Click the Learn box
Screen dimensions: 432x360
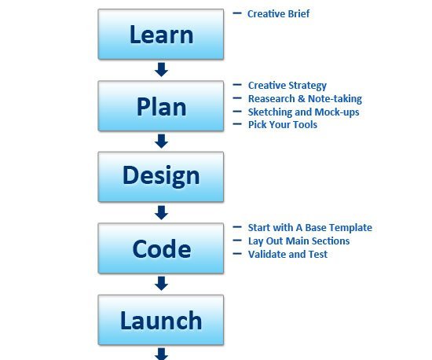pos(161,34)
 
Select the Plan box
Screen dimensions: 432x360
pos(161,106)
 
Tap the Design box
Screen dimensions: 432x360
pos(161,177)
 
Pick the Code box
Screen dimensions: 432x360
pos(161,248)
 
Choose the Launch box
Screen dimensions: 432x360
pos(161,320)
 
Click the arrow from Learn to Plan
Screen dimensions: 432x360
pos(162,69)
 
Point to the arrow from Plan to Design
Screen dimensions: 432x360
pos(162,141)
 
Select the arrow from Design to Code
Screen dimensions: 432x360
pos(162,212)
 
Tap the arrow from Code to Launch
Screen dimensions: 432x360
pos(162,284)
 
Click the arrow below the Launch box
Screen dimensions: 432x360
pos(162,354)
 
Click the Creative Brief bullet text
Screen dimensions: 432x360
pos(279,13)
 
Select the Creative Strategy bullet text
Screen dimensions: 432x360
pos(287,86)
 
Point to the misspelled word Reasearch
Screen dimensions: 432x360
pos(272,99)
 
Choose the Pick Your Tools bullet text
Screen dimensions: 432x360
pos(283,125)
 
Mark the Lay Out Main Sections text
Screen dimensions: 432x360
pos(299,241)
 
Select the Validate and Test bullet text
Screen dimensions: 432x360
pos(288,254)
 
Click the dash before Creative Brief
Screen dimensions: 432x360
pos(237,13)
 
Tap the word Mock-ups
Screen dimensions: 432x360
pos(337,112)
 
